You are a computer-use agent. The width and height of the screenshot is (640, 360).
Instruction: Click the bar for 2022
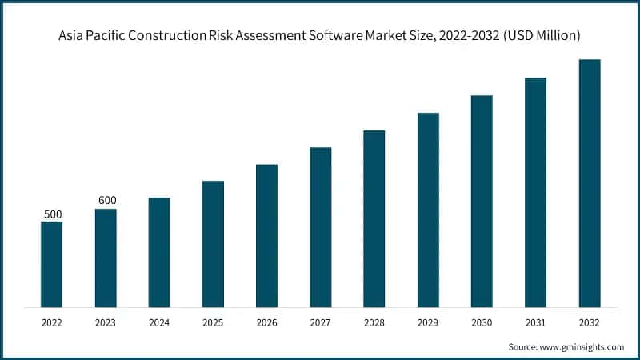(x=51, y=264)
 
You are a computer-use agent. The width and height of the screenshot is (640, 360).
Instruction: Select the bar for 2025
(x=213, y=244)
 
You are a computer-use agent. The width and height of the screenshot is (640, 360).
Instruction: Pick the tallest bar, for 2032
(x=590, y=183)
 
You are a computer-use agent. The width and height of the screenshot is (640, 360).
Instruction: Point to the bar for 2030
(x=482, y=201)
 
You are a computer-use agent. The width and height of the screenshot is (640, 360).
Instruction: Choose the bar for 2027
(x=321, y=227)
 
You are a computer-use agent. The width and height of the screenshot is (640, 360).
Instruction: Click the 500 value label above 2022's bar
(x=52, y=214)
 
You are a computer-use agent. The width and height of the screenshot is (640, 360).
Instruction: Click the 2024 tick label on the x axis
(x=159, y=322)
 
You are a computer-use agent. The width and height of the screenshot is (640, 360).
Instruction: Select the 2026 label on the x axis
(x=266, y=322)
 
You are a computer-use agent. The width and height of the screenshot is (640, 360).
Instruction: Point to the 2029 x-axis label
(x=428, y=322)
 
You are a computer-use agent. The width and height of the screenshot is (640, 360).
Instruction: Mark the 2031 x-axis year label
(x=535, y=322)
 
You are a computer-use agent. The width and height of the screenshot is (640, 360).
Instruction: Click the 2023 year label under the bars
(x=106, y=322)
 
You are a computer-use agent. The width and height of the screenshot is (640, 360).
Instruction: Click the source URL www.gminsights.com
(x=582, y=346)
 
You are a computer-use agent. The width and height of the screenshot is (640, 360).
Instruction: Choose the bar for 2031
(x=535, y=192)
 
